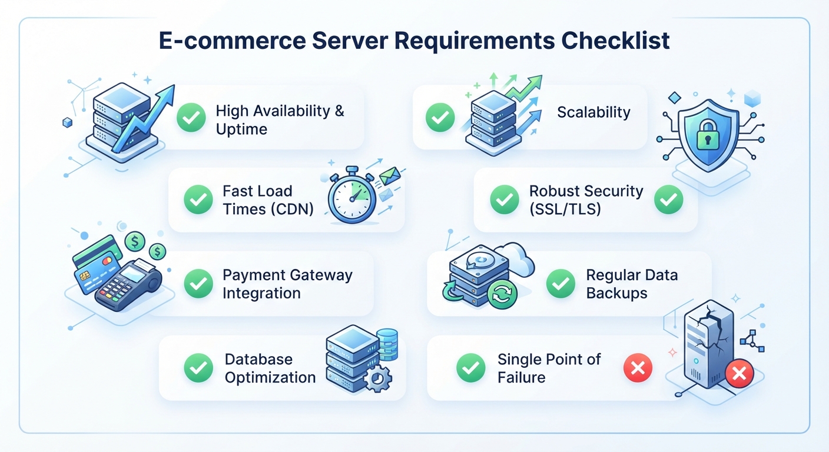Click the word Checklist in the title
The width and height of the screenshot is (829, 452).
[x=615, y=41]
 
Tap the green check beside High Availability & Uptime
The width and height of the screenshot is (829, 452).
[x=191, y=118]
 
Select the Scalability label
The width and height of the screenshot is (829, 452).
[x=593, y=112]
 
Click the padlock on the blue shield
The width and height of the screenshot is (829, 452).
[x=708, y=134]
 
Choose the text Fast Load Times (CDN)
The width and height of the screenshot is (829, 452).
[x=268, y=200]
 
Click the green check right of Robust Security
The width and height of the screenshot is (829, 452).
[x=668, y=200]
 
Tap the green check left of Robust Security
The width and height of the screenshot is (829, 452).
[x=505, y=200]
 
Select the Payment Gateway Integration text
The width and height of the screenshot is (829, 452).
[x=287, y=284]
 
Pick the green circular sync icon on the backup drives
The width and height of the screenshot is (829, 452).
[x=502, y=294]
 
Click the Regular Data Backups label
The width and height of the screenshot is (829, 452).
[x=632, y=284]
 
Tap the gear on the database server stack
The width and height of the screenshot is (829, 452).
[x=377, y=378]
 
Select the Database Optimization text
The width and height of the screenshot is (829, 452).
[x=270, y=368]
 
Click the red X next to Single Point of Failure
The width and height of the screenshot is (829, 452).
[x=638, y=368]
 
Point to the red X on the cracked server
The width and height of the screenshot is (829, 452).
[x=740, y=373]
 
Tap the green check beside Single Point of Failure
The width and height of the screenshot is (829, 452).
[x=471, y=368]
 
